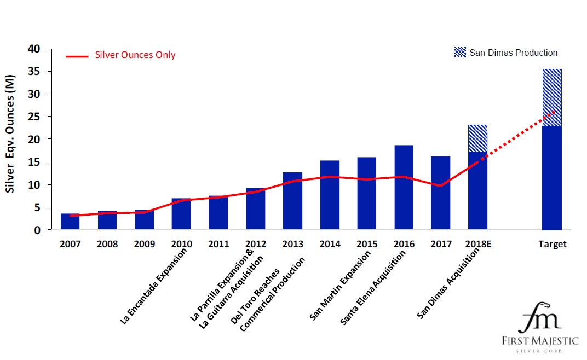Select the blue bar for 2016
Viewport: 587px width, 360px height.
click(x=403, y=189)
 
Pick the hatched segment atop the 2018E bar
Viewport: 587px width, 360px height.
click(x=477, y=138)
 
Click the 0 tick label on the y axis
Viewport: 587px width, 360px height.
click(x=37, y=230)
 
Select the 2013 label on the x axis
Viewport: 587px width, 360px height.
click(x=292, y=245)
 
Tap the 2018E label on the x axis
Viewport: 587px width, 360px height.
click(x=478, y=245)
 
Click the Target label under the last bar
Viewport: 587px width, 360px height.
click(x=552, y=245)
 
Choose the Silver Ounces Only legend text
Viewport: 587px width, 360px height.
click(x=135, y=55)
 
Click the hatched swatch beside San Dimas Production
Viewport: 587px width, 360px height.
click(x=460, y=53)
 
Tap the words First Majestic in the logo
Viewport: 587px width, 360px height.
click(x=540, y=341)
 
